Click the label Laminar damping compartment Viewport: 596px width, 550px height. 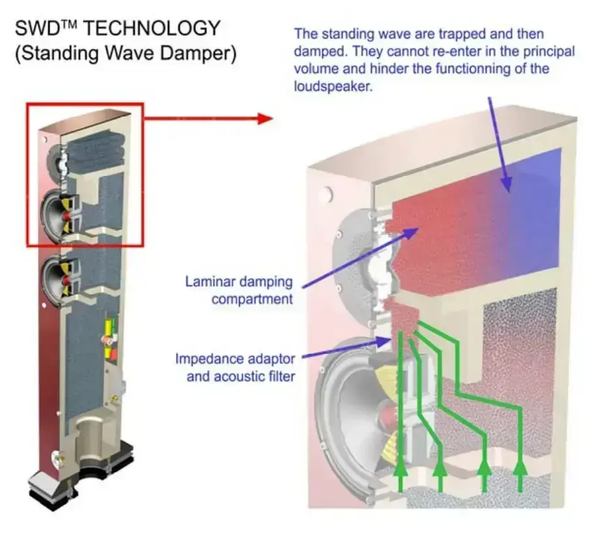click(x=238, y=291)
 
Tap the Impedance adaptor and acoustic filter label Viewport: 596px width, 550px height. click(x=234, y=367)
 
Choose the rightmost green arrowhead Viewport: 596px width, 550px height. click(x=520, y=467)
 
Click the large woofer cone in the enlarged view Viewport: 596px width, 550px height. click(x=352, y=404)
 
